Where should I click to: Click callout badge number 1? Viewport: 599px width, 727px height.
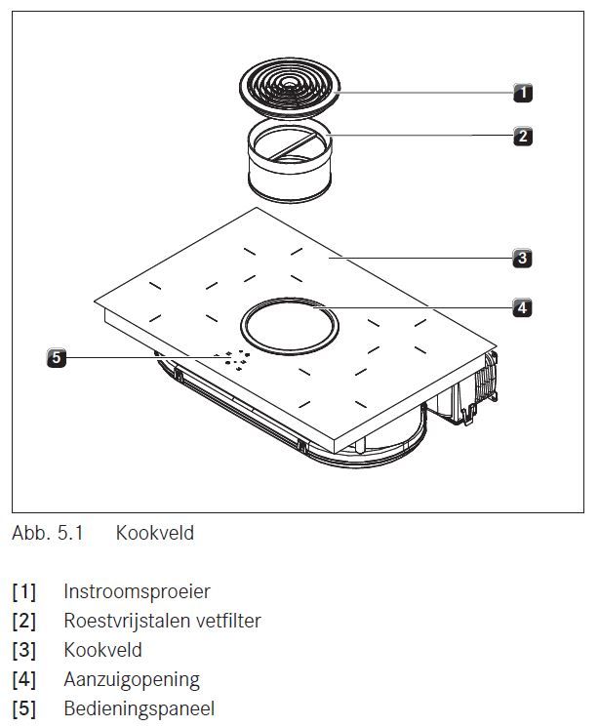(523, 93)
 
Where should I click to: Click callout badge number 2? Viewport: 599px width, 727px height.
(523, 136)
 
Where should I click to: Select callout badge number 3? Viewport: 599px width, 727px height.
(523, 259)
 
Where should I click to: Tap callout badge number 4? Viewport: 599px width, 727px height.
(523, 306)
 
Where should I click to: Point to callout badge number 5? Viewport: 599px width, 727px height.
(57, 358)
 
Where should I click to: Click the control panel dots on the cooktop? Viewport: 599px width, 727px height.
(233, 360)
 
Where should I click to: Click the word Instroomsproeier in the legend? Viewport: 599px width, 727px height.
(137, 591)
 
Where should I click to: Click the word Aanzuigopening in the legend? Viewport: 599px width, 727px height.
(132, 679)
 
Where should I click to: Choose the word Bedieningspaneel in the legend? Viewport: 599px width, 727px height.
(139, 708)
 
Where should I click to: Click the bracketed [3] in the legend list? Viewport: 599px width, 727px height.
(24, 650)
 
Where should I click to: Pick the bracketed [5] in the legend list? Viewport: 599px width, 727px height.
(24, 708)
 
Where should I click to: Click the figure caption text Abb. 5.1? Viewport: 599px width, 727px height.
(48, 534)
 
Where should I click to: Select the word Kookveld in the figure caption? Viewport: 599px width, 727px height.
(154, 534)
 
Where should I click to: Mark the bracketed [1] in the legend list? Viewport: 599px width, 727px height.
(24, 591)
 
